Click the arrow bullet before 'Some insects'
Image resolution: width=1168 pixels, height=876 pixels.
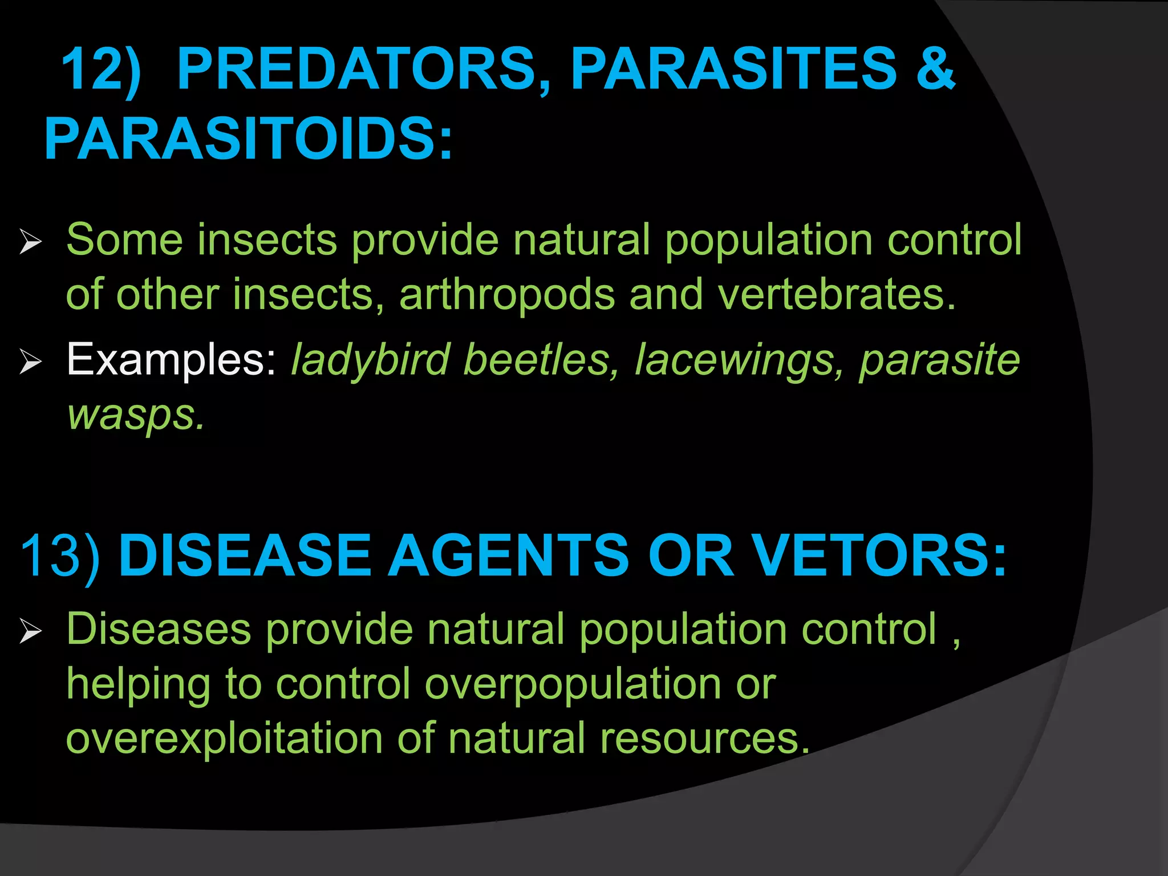(30, 242)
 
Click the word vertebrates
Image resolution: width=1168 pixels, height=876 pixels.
(836, 295)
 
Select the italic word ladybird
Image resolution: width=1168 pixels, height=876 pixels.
(371, 360)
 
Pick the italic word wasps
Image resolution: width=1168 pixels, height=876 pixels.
(135, 415)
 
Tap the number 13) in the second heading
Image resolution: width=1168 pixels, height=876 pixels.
(60, 555)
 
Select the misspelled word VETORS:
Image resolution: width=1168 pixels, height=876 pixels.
(878, 555)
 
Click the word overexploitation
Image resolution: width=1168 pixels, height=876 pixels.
(224, 739)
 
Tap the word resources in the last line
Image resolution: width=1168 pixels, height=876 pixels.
(704, 739)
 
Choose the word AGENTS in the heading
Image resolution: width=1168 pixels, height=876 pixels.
(509, 555)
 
